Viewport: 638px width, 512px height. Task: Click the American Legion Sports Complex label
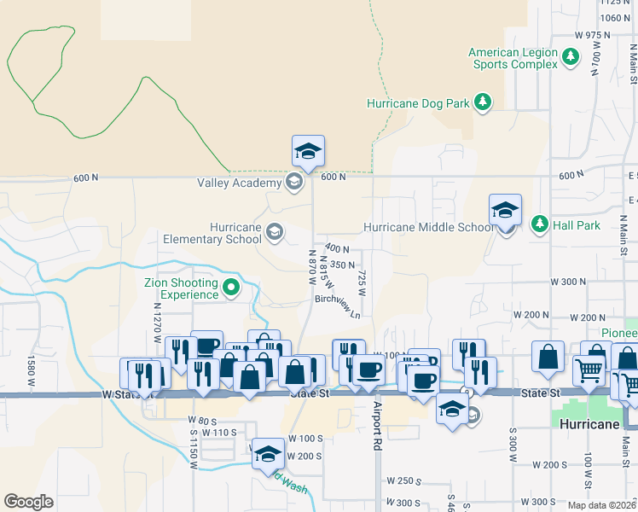[x=513, y=58]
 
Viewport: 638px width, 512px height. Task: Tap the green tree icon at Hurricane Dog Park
[x=483, y=103]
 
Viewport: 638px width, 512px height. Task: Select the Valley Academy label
[x=239, y=183]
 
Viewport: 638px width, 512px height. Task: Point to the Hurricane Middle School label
[x=428, y=228]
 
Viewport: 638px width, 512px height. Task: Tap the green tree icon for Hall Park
[x=539, y=225]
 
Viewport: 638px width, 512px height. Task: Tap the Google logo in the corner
[x=28, y=502]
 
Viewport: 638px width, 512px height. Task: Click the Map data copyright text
[x=602, y=505]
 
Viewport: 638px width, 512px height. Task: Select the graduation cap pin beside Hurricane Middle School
[x=505, y=212]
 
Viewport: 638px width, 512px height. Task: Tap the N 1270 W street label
[x=158, y=323]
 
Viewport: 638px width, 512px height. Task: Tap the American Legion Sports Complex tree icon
[x=571, y=58]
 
